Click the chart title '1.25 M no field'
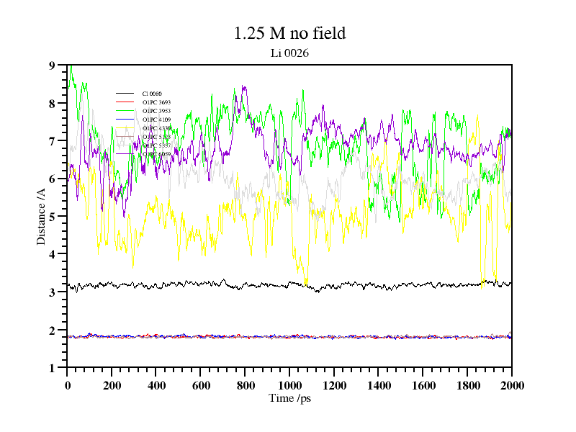coord(289,33)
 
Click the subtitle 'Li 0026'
coord(289,53)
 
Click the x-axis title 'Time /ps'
coord(289,398)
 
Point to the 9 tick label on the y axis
coord(51,66)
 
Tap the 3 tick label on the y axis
coord(51,292)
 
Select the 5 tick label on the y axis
coord(51,217)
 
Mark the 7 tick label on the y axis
coord(51,141)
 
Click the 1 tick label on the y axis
coord(51,368)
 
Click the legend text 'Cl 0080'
coord(152,94)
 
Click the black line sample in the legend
coord(125,94)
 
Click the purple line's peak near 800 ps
coord(244,86)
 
